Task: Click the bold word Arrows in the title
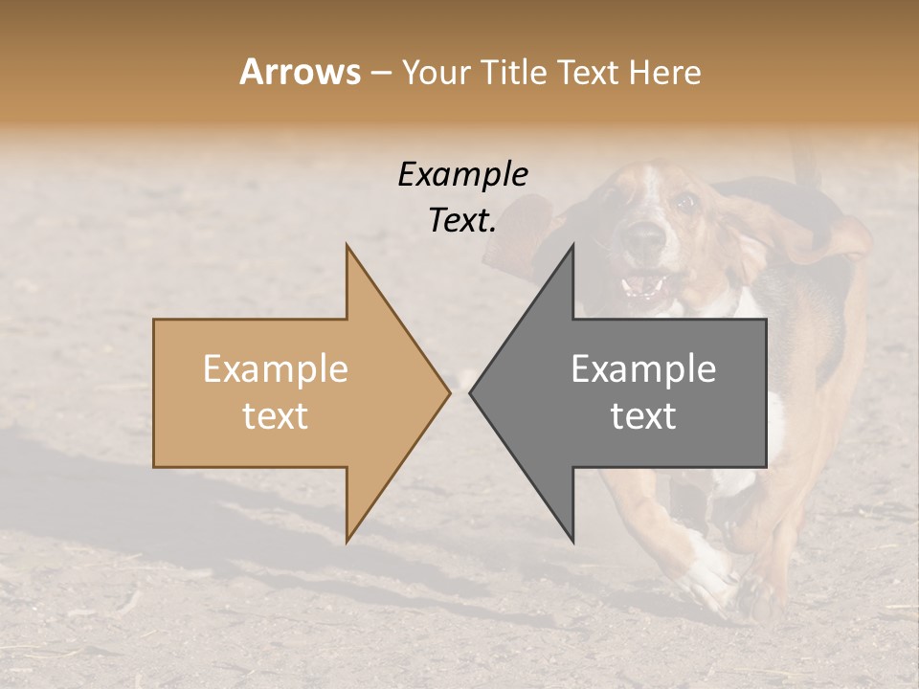click(x=300, y=72)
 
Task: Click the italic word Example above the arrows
click(x=462, y=175)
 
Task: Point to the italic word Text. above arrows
click(x=462, y=220)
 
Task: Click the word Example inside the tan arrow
click(x=275, y=368)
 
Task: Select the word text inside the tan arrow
click(x=275, y=416)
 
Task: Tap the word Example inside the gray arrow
click(x=643, y=368)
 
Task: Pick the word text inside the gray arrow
click(x=643, y=416)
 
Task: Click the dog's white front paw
click(x=708, y=574)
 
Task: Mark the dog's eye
click(x=684, y=202)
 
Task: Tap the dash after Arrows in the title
click(x=380, y=74)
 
